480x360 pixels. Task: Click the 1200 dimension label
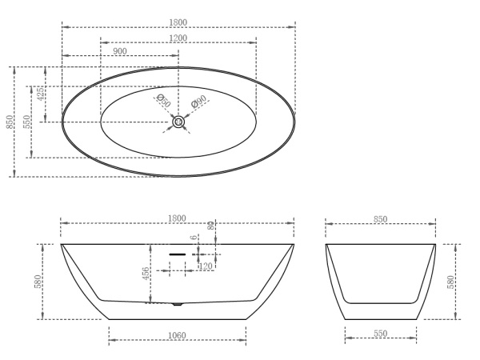[x=178, y=38]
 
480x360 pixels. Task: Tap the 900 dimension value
[x=120, y=51]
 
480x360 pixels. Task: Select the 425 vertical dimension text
[x=40, y=94]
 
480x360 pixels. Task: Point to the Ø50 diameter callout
[x=163, y=101]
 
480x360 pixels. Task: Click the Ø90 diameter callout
[x=198, y=102]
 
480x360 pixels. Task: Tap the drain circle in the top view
[x=178, y=122]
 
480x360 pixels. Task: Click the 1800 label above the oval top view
[x=178, y=22]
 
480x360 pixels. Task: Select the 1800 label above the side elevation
[x=177, y=218]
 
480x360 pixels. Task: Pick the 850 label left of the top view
[x=10, y=122]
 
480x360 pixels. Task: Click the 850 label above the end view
[x=380, y=219]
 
